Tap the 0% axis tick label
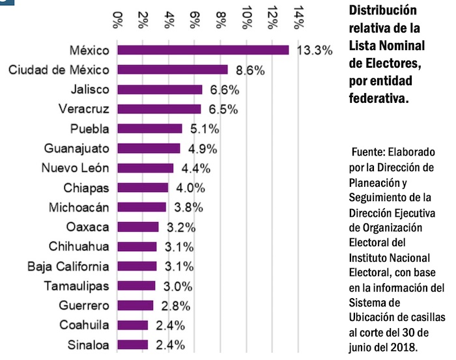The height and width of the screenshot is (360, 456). [x=118, y=20]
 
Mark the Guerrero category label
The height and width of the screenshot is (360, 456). [x=86, y=305]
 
